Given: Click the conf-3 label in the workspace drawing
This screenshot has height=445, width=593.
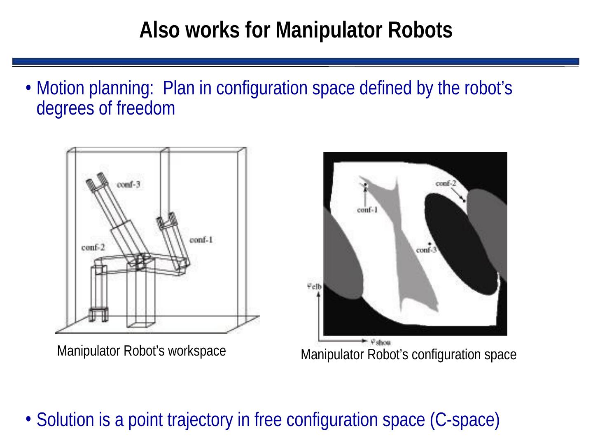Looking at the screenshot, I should [128, 185].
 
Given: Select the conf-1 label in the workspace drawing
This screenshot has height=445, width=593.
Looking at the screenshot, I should [201, 240].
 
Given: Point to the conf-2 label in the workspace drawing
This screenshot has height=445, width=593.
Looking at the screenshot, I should [93, 248].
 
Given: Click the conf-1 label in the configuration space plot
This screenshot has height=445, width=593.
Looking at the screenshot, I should [367, 210].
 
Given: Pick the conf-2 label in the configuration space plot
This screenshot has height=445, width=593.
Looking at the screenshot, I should [446, 184].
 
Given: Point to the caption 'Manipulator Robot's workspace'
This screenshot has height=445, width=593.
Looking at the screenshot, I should [142, 351].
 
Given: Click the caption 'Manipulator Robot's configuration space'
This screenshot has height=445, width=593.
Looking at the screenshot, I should [409, 354].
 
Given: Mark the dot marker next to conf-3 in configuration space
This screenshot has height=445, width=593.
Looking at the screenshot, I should [430, 244].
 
